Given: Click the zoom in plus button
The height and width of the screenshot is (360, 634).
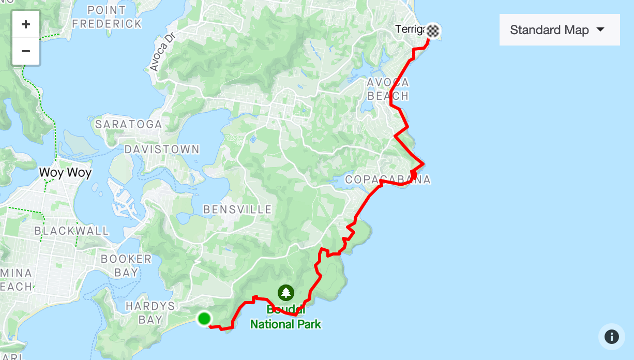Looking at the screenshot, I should (x=26, y=24).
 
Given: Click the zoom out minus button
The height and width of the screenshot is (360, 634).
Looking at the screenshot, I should (x=26, y=51).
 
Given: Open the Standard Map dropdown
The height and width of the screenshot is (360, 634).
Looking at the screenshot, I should (x=559, y=30).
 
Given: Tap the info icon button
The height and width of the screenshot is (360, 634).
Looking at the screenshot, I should (x=611, y=337).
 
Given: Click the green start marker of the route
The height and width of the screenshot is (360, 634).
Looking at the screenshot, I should (x=204, y=318).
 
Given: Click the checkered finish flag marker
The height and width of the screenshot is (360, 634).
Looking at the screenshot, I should (x=433, y=31).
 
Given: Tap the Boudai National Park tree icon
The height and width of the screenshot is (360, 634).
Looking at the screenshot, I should (x=285, y=293).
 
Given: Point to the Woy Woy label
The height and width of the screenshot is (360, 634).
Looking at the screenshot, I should (x=66, y=172).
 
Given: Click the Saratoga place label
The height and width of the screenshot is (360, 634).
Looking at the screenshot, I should (x=129, y=125).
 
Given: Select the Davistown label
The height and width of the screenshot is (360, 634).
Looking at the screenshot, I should (x=162, y=149).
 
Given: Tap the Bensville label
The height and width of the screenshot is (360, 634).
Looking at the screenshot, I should (x=237, y=209).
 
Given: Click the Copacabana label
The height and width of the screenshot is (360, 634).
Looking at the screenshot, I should (x=387, y=179).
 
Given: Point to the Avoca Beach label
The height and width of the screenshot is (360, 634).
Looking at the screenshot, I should (x=388, y=89).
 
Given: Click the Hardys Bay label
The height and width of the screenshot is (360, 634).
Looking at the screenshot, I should (x=150, y=312).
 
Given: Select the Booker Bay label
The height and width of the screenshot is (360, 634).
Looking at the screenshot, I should (x=126, y=265).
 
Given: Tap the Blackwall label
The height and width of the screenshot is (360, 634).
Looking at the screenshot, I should (x=72, y=231).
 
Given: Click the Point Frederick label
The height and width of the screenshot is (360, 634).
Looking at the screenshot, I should (x=107, y=17).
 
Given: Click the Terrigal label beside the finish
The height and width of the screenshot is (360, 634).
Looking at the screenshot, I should (x=410, y=29).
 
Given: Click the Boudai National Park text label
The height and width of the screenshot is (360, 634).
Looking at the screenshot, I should (x=285, y=318).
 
